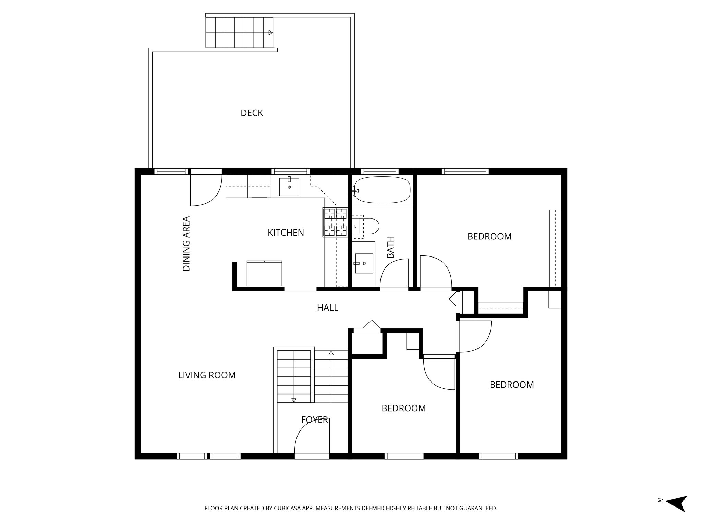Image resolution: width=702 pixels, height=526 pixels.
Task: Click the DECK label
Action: pos(252,113)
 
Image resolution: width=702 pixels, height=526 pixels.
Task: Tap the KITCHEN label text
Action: pos(286,233)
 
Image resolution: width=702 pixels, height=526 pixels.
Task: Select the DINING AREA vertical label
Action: pos(186,243)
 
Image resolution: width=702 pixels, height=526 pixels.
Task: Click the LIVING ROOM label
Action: pos(207,375)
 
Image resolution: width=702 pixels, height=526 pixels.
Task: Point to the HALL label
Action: pos(327,308)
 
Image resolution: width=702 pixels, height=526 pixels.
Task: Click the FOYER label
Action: pos(314,420)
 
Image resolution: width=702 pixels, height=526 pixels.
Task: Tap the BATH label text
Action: pos(390,247)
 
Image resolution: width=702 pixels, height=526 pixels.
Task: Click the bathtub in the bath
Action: pos(382,189)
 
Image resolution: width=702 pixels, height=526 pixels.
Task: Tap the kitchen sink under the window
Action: pos(289,187)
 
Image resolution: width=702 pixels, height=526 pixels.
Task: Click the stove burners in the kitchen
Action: pos(335,222)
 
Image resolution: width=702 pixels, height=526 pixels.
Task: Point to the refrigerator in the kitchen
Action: pos(264,273)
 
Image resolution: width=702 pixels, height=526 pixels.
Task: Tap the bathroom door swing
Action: pos(394,274)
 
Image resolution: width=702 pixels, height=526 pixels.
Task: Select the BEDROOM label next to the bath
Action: pos(489,236)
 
